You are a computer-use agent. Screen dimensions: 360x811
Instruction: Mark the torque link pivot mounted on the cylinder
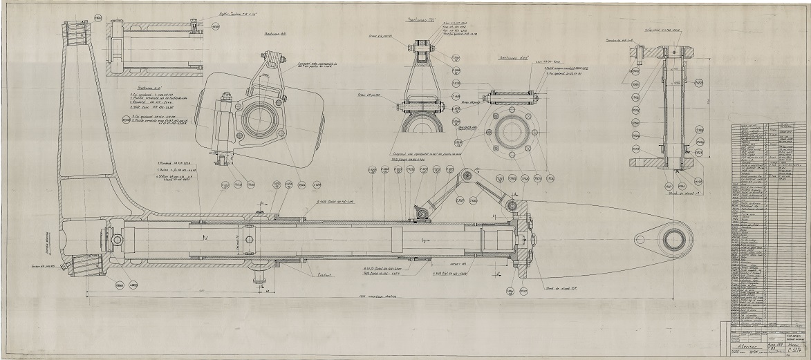419,215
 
